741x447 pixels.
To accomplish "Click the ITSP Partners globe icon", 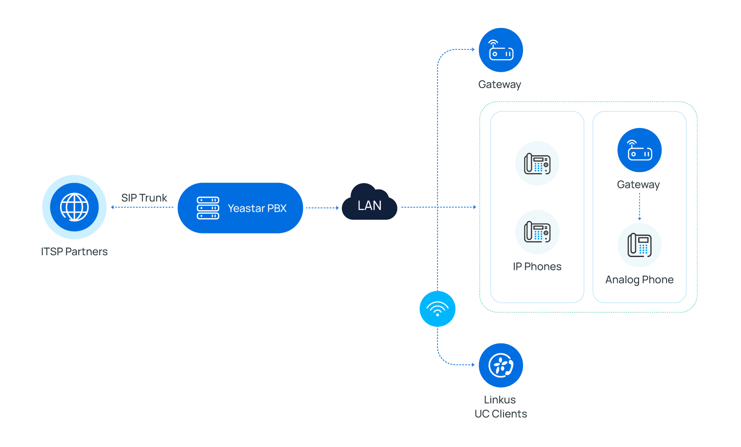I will (74, 207).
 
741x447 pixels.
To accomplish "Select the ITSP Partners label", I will (74, 251).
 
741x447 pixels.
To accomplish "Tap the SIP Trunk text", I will (144, 198).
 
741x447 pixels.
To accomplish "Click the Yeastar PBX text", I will (257, 208).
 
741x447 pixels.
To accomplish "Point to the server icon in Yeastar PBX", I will (208, 208).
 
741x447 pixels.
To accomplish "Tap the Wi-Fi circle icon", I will (437, 309).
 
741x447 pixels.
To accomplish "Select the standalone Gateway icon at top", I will (501, 50).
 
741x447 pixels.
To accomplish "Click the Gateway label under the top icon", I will (500, 84).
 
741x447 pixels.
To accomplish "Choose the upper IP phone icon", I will (537, 163).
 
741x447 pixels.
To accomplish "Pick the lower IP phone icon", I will (537, 232).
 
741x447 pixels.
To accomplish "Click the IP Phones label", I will (537, 266).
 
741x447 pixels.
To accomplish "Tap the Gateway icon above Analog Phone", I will (640, 150).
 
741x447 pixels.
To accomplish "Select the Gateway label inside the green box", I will (639, 184).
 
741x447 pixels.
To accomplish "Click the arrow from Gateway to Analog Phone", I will (640, 207).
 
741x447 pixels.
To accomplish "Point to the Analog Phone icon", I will (640, 245).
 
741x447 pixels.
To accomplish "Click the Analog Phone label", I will (640, 280).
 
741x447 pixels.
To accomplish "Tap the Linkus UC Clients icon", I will (501, 365).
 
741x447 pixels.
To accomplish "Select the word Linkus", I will (500, 400).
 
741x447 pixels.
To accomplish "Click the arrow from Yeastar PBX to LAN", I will (322, 208).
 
